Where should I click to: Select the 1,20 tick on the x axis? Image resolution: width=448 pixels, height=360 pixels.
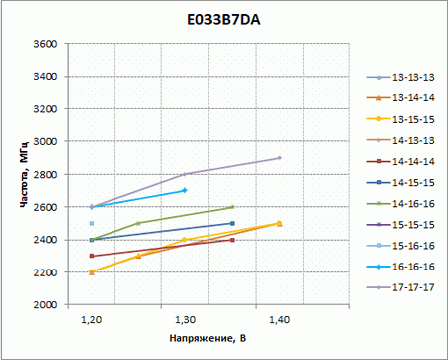click(92, 319)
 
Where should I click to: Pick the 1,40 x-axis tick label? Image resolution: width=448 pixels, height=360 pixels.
click(279, 319)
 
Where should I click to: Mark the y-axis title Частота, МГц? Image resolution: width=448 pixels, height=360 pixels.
click(22, 174)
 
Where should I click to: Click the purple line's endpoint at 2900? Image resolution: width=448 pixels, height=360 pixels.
click(279, 158)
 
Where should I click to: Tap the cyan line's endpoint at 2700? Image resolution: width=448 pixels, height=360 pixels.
click(185, 190)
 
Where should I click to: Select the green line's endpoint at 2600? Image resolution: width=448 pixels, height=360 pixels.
click(232, 207)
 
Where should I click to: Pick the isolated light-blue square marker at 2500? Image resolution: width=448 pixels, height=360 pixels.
click(92, 224)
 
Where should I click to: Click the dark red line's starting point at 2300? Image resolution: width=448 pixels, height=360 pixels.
click(92, 256)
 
